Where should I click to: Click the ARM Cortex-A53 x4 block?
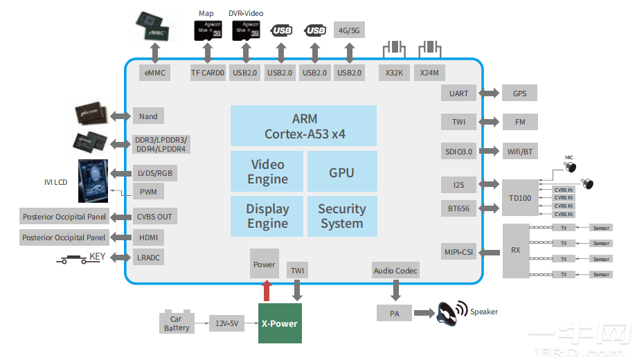point(303,125)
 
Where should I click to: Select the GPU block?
point(341,172)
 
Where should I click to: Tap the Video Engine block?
point(267,172)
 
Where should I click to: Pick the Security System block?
point(341,216)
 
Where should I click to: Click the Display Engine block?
point(267,216)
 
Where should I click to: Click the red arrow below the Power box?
point(266,291)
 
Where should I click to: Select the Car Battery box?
point(177,323)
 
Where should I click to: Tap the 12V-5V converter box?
point(227,323)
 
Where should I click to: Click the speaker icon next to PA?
point(450,313)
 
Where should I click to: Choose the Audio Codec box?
point(395,271)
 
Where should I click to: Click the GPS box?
point(519,93)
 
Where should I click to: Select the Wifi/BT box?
point(519,152)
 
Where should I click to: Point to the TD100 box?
point(519,197)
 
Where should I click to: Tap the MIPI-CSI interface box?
point(458,251)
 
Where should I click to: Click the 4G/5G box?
point(349,30)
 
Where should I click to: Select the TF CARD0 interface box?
point(208,73)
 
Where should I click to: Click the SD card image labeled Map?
point(206,30)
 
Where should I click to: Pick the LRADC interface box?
point(150,258)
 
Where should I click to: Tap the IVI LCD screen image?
point(98,181)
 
